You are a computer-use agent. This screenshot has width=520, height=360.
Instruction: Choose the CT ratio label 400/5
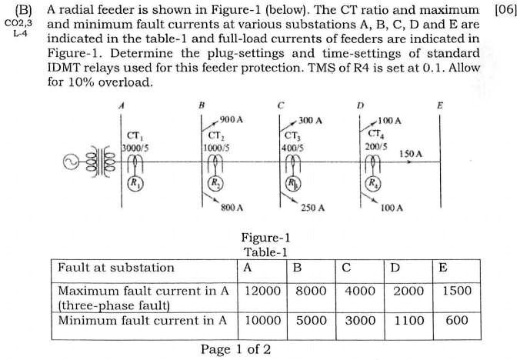click(x=292, y=146)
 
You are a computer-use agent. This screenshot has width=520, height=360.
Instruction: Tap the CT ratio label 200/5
click(x=375, y=145)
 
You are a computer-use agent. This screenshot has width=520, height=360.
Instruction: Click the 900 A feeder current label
click(x=231, y=120)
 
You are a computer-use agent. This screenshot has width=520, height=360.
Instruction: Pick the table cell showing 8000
click(x=311, y=292)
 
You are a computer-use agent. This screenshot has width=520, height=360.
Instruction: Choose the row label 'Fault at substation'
click(x=116, y=268)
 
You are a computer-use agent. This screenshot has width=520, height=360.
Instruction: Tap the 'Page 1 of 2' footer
click(x=235, y=350)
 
